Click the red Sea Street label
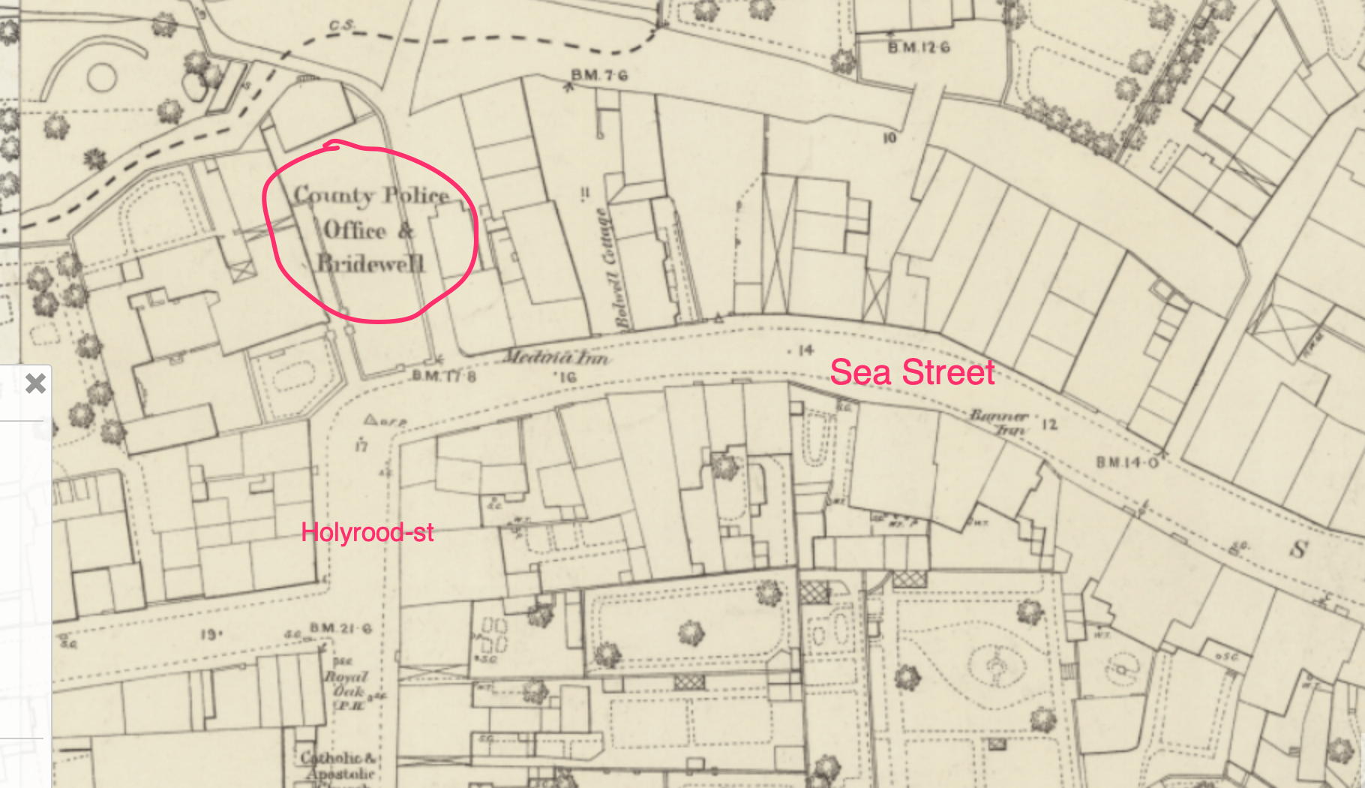coord(912,373)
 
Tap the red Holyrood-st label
coord(367,533)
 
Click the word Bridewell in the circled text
coord(370,263)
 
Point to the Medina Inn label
coord(556,357)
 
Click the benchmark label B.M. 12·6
coord(919,47)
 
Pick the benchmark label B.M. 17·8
coord(444,375)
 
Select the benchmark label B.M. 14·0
coord(1127,462)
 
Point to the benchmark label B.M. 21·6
coord(341,628)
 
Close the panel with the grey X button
coord(35,383)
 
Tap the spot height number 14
coord(805,350)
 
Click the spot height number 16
coord(568,377)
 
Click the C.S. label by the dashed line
coord(341,26)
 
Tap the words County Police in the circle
coord(370,195)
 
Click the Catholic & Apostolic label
coord(338,765)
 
